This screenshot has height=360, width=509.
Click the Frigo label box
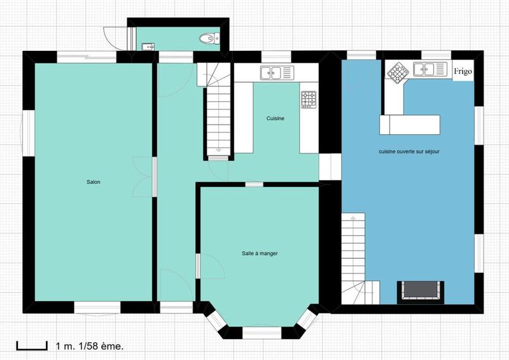pos(463,71)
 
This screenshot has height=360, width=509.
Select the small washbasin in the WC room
pos(148,45)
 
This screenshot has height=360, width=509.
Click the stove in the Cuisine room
pos(309,99)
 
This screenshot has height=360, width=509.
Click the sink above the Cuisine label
pos(275,73)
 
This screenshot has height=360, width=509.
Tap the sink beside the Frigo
pos(428,69)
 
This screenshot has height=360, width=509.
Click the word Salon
pos(94,182)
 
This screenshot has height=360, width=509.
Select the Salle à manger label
pos(260,253)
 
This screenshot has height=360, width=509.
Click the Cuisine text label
pos(275,118)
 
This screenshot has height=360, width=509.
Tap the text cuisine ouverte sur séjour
pos(409,151)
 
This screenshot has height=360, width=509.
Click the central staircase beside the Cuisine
pos(218,114)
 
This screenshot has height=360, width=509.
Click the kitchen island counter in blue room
pos(410,124)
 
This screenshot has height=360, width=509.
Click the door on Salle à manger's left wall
pos(209,266)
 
